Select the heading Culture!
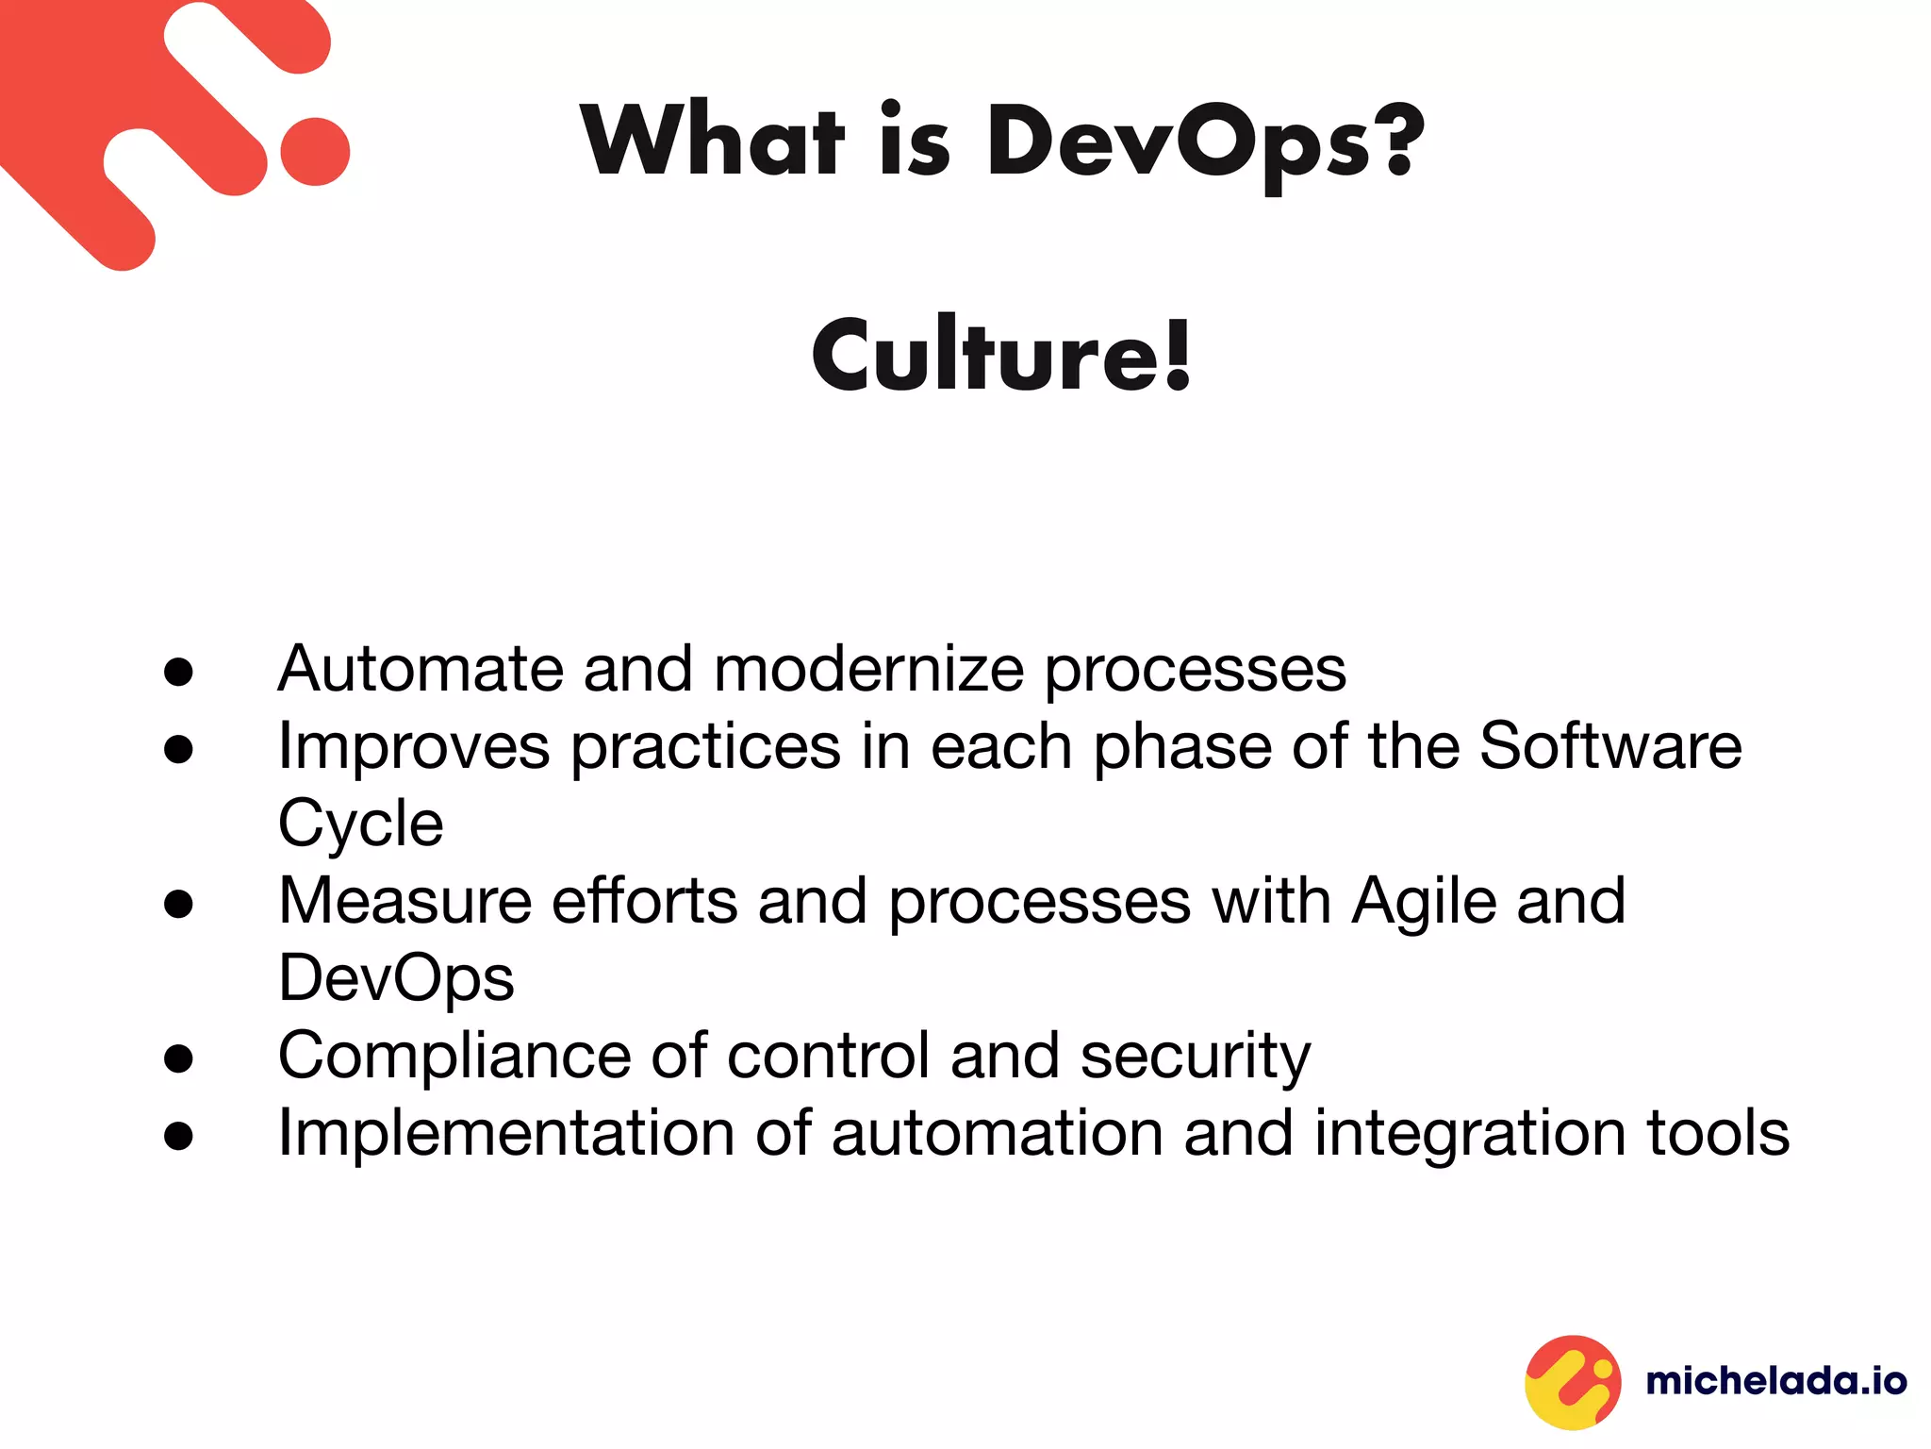point(1002,355)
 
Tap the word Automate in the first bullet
point(420,669)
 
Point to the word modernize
point(868,669)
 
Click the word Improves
point(413,747)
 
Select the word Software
point(1610,746)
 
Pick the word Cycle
point(360,824)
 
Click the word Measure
point(404,901)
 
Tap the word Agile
point(1424,903)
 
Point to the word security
point(1196,1057)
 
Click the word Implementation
point(505,1133)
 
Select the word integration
point(1470,1134)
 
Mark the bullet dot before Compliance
point(178,1058)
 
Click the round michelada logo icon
point(1573,1382)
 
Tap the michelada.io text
point(1776,1382)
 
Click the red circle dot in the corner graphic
point(315,152)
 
